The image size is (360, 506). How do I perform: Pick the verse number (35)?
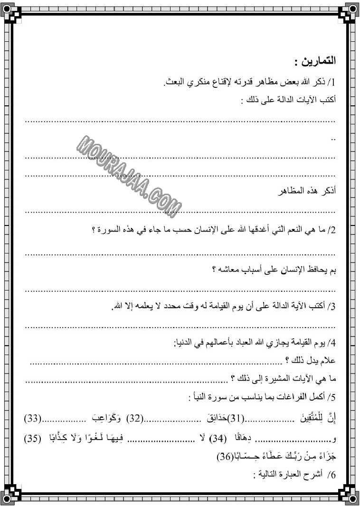31,437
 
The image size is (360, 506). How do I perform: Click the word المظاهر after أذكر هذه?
294,192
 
